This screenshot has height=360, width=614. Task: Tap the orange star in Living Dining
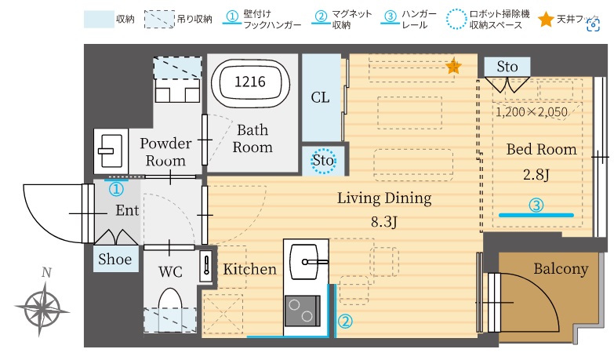point(453,67)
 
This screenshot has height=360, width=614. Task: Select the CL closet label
point(320,98)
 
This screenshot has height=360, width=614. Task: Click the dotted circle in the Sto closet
point(323,160)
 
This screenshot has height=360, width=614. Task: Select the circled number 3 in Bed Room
point(536,205)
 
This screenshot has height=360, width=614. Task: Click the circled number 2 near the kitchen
point(344,320)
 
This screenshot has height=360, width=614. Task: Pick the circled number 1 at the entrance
point(115,189)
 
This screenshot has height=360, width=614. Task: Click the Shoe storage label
point(114,260)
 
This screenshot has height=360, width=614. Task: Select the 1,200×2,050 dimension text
point(531,112)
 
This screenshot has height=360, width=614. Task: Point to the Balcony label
point(560,269)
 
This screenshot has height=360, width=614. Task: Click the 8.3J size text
point(384,221)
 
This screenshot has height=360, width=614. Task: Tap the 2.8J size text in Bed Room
point(536,175)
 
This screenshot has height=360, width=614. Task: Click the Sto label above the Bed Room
point(507,67)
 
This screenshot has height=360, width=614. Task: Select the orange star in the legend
point(546,20)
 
